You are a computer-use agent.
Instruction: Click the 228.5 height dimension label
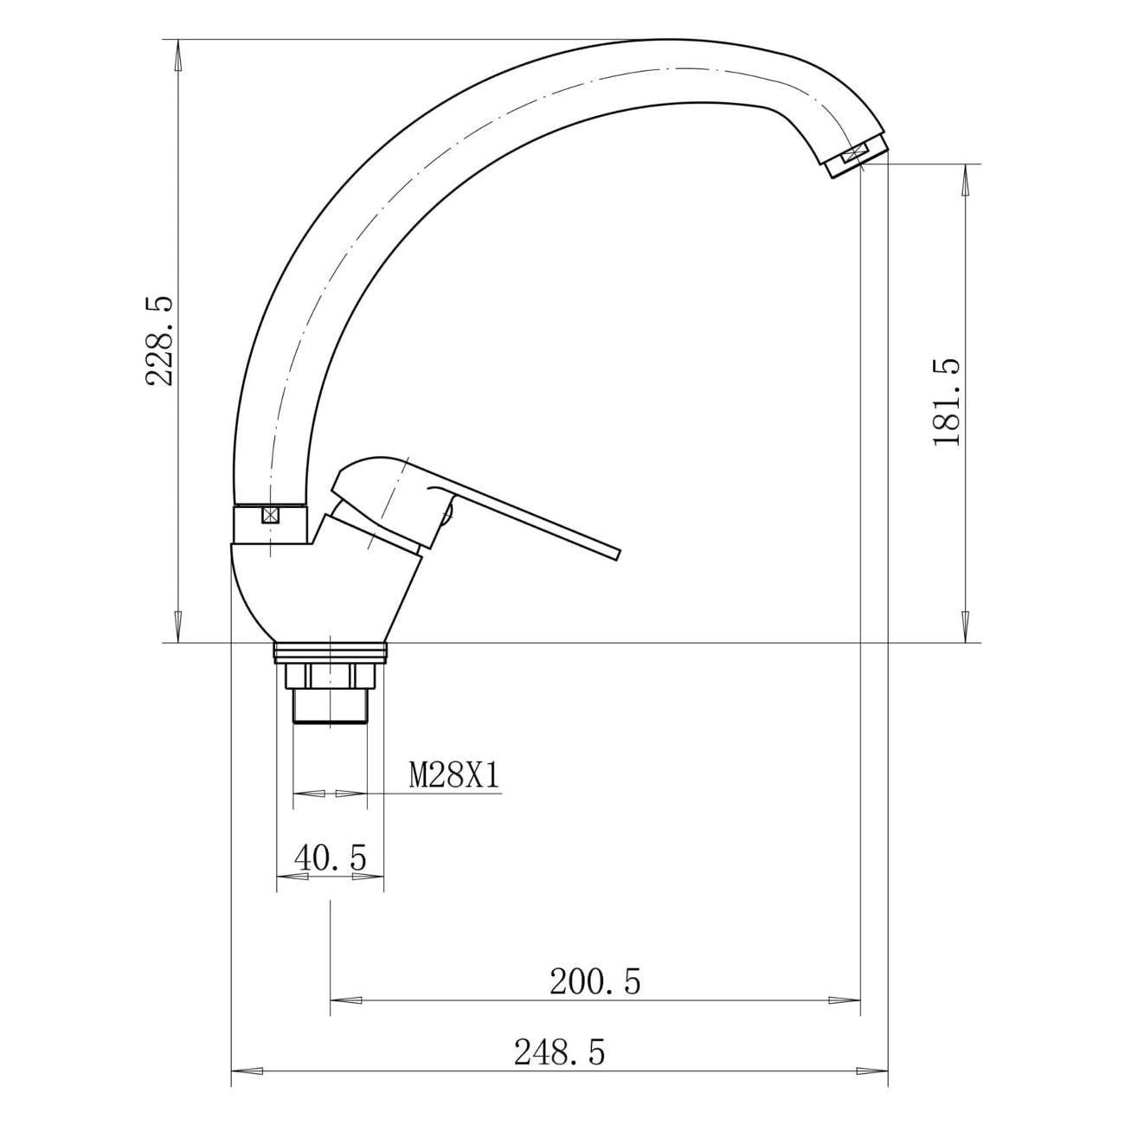point(159,341)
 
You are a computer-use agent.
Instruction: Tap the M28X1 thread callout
point(455,776)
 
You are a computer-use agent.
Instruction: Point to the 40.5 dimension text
point(331,858)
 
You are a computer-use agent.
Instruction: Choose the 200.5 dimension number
point(595,981)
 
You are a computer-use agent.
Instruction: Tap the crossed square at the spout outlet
point(854,154)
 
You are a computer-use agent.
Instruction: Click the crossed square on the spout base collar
point(270,515)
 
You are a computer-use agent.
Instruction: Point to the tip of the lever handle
point(619,555)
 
